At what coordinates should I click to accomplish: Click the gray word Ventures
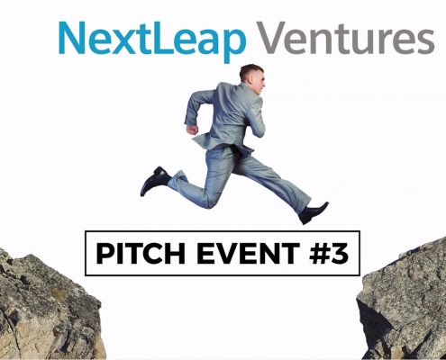coord(346,38)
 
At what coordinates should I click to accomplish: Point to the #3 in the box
coord(329,253)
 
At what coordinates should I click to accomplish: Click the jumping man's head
coord(251,79)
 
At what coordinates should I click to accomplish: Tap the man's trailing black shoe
coord(156,181)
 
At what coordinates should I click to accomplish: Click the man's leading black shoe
coord(314,213)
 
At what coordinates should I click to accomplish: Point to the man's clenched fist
coord(192,130)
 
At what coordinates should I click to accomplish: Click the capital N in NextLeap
coord(71,38)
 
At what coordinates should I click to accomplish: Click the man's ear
coord(250,77)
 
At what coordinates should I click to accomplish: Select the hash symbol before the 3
coord(319,253)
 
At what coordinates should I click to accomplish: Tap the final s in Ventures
coord(426,42)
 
